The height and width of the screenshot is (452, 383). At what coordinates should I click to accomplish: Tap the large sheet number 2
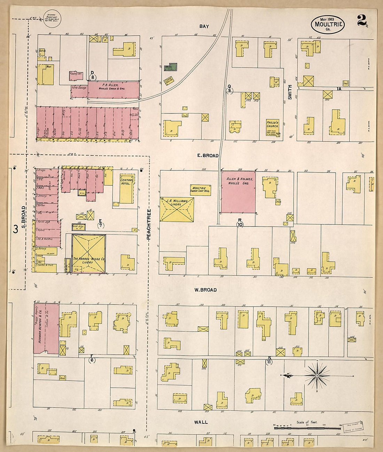(x=362, y=21)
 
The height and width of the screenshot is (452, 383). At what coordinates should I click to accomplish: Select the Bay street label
(x=204, y=26)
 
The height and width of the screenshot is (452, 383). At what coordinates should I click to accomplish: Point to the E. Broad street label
(x=208, y=156)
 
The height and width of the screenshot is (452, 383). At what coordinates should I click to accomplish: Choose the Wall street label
(x=201, y=422)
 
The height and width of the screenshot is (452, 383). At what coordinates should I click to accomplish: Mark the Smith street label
(x=289, y=92)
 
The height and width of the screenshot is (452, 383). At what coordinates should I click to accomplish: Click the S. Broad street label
(x=24, y=217)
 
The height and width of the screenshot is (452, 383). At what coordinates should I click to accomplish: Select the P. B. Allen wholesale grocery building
(x=114, y=89)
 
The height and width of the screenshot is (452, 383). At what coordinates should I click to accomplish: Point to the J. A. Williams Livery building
(x=177, y=209)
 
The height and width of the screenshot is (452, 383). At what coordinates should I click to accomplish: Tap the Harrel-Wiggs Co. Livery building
(x=88, y=254)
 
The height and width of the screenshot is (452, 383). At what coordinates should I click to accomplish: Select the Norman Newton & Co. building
(x=45, y=329)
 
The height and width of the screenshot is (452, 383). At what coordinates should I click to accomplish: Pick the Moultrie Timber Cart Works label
(x=200, y=190)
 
